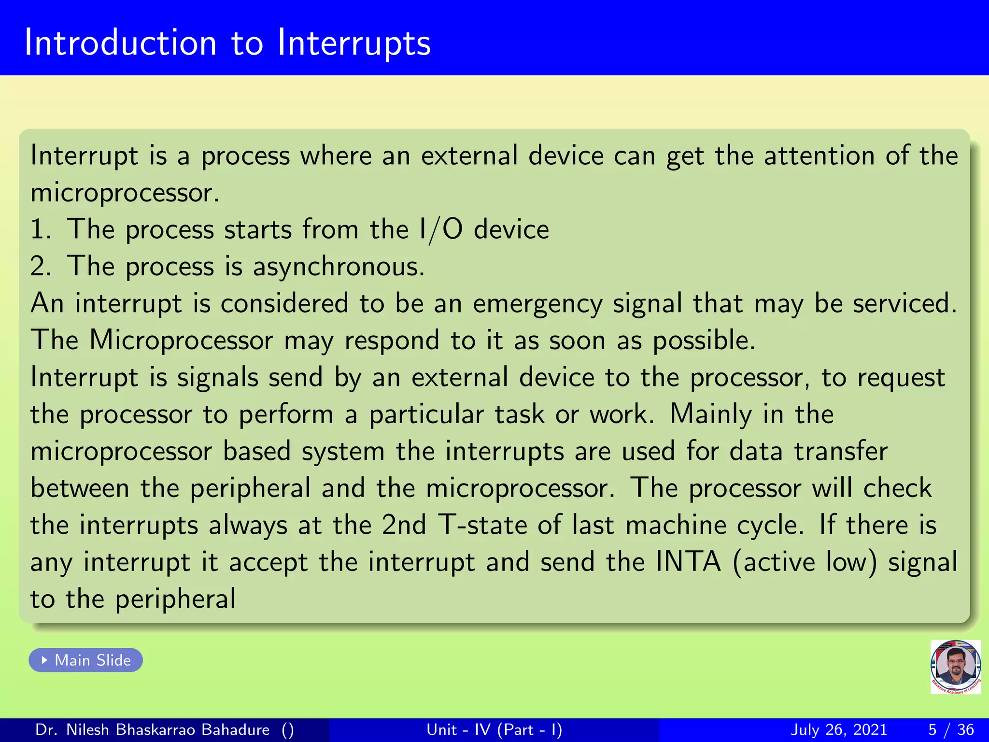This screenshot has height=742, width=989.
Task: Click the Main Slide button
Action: [x=86, y=660]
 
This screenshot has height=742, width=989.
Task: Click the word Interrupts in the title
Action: [x=353, y=43]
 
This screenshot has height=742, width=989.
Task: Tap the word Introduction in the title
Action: [x=120, y=43]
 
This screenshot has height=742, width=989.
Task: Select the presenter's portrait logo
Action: [x=955, y=667]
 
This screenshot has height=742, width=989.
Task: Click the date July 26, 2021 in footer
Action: [x=839, y=729]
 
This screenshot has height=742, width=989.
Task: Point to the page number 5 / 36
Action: [x=951, y=729]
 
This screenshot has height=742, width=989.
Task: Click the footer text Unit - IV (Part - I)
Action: [x=494, y=729]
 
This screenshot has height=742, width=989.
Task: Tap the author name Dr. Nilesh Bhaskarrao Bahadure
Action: [x=152, y=729]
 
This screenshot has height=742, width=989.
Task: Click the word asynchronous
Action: [x=338, y=267]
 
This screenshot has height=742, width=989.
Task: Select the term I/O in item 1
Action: [x=441, y=229]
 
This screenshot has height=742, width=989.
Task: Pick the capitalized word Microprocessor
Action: [x=181, y=340]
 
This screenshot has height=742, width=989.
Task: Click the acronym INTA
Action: [x=689, y=562]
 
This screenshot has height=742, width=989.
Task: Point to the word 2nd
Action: [x=404, y=525]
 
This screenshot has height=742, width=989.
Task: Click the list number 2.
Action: [x=40, y=267]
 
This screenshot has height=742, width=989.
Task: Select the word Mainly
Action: [x=711, y=414]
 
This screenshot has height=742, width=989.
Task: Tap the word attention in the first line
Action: [x=819, y=156]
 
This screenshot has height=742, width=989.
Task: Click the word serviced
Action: [x=904, y=303]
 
